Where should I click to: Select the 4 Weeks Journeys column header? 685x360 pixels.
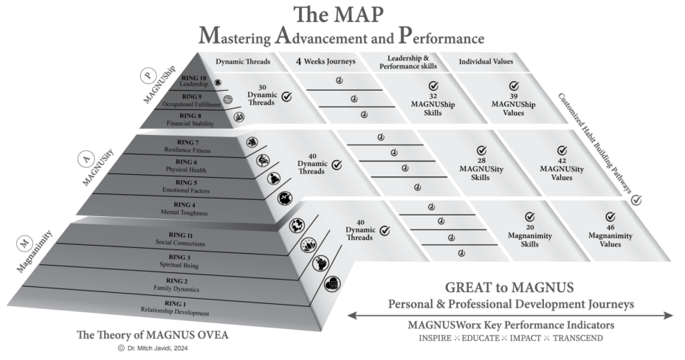326,62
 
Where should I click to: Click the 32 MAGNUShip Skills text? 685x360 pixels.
433,105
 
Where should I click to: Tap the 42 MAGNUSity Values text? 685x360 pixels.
562,172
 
